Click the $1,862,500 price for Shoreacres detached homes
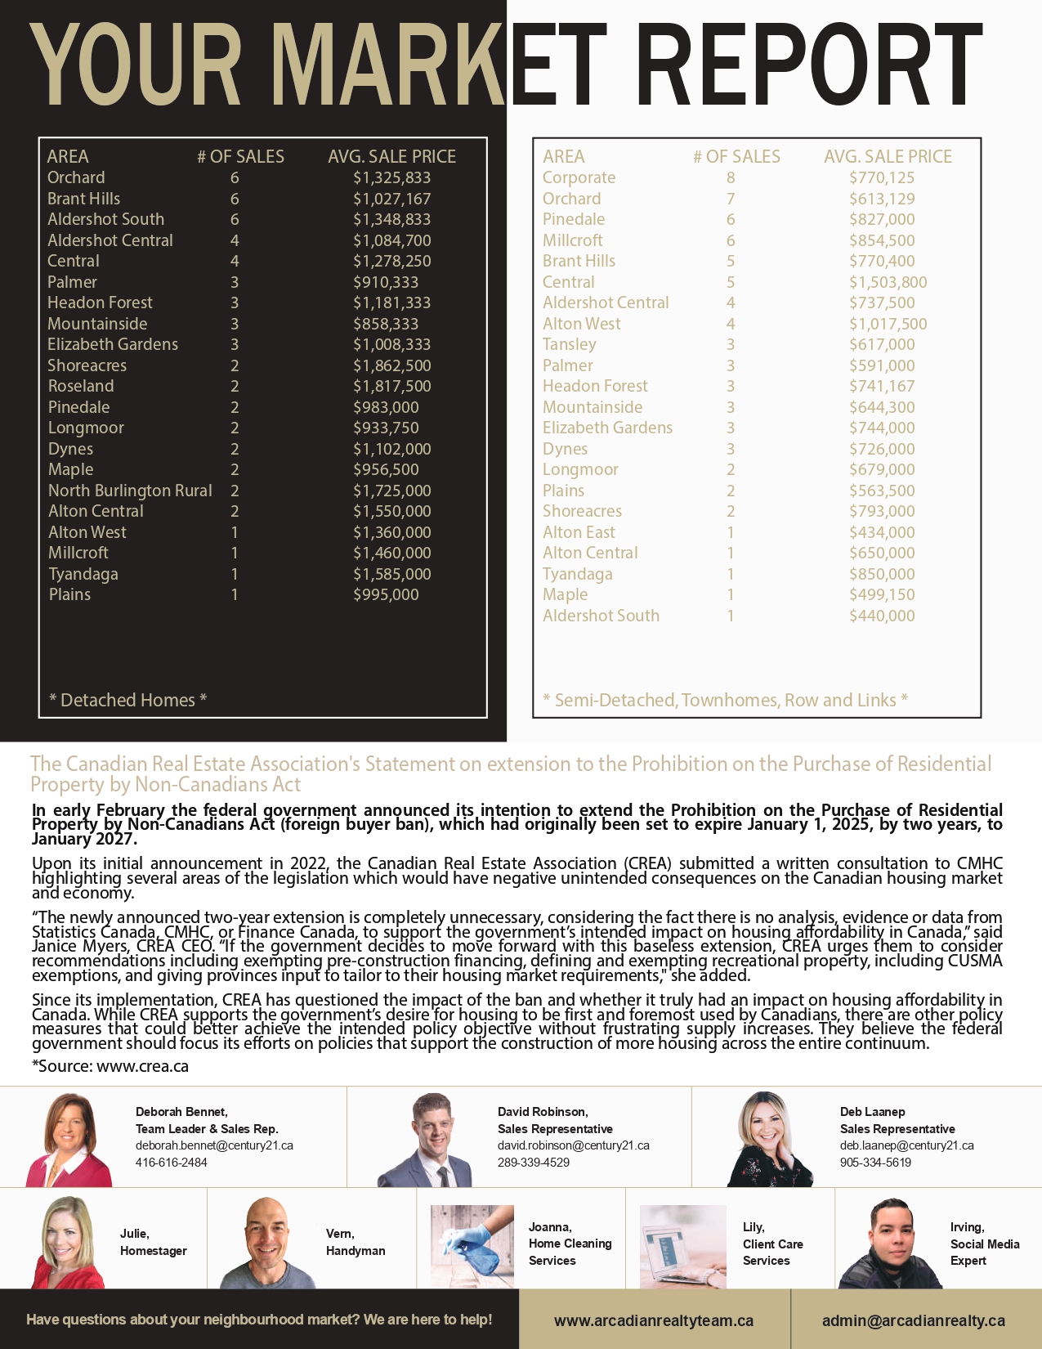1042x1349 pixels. pos(391,365)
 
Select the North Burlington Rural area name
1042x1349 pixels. pos(130,491)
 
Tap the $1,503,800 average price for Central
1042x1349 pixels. pos(888,282)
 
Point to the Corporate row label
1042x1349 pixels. pos(579,177)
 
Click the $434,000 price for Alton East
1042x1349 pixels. pos(882,532)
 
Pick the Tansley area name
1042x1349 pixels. pos(569,344)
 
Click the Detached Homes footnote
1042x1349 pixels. pos(127,700)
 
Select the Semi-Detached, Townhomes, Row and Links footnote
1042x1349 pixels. pos(725,700)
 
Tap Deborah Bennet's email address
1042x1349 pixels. pos(214,1145)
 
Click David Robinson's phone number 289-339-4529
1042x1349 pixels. pos(534,1163)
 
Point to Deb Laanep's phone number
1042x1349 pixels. pos(875,1163)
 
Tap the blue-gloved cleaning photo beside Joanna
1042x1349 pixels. pos(472,1246)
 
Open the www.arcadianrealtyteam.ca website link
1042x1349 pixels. pos(654,1320)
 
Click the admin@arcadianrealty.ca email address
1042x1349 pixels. pos(914,1320)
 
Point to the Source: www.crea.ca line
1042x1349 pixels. pos(110,1066)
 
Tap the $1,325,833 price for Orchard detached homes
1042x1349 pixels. pos(391,177)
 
